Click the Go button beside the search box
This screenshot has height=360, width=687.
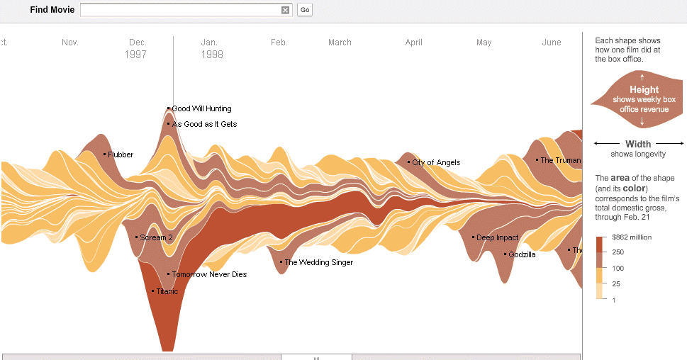pos(305,10)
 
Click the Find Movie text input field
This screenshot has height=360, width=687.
pos(180,10)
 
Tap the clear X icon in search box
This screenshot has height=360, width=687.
pos(285,10)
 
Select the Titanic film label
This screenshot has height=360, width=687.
pos(167,291)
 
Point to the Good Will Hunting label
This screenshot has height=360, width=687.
pos(201,108)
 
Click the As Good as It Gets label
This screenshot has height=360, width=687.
pos(204,124)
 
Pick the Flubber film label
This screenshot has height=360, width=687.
pos(121,154)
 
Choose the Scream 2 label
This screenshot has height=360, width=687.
pos(156,237)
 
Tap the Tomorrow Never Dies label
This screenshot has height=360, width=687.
pos(209,274)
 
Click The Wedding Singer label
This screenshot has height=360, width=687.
pos(318,262)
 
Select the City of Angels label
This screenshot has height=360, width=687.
pos(436,162)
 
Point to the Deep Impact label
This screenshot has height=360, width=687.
pos(497,237)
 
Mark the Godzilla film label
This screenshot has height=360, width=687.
pos(522,254)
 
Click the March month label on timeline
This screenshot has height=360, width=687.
pos(340,43)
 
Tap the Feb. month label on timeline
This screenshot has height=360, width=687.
pos(279,43)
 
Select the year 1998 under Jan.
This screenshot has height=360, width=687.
pos(212,55)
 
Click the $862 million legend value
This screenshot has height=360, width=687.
pos(632,237)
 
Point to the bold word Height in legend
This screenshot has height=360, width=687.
pos(644,90)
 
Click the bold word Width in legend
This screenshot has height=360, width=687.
pos(638,145)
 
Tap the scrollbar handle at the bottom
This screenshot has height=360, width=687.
pos(316,356)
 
